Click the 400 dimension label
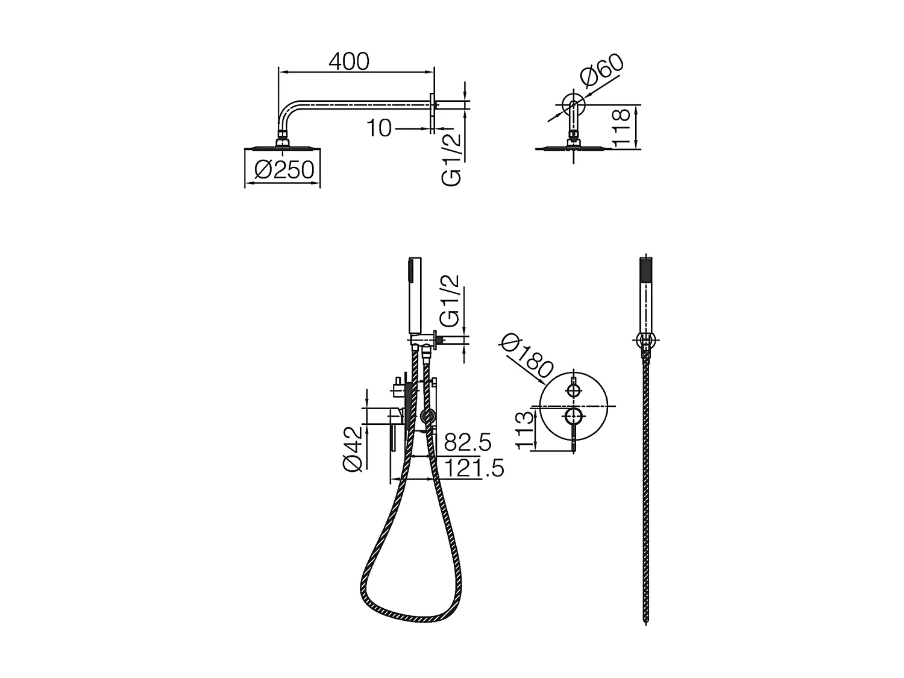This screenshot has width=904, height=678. pyautogui.click(x=349, y=61)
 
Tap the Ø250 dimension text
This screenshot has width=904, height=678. pyautogui.click(x=284, y=170)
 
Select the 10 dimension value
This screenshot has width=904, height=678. pyautogui.click(x=379, y=128)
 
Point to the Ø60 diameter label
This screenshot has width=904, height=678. pyautogui.click(x=601, y=71)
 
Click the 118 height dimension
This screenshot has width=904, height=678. pyautogui.click(x=621, y=127)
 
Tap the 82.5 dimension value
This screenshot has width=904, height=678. pyautogui.click(x=468, y=442)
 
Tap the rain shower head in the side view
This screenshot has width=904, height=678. pyautogui.click(x=282, y=147)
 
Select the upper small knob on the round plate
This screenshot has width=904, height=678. pyautogui.click(x=573, y=391)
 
